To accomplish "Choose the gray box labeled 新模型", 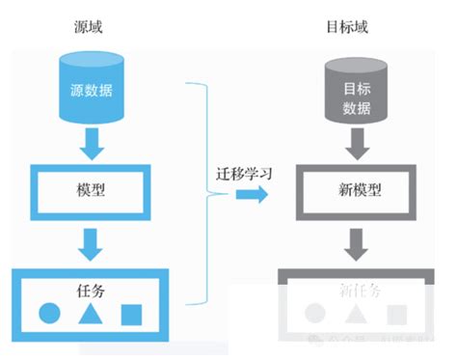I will click(x=356, y=188).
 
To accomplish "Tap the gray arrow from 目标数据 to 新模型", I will click(x=356, y=146).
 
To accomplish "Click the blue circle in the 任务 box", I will click(x=49, y=313).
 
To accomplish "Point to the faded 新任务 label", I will click(x=356, y=289).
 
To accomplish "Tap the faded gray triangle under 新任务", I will click(x=356, y=314).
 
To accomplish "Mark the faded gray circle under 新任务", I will click(x=314, y=314).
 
